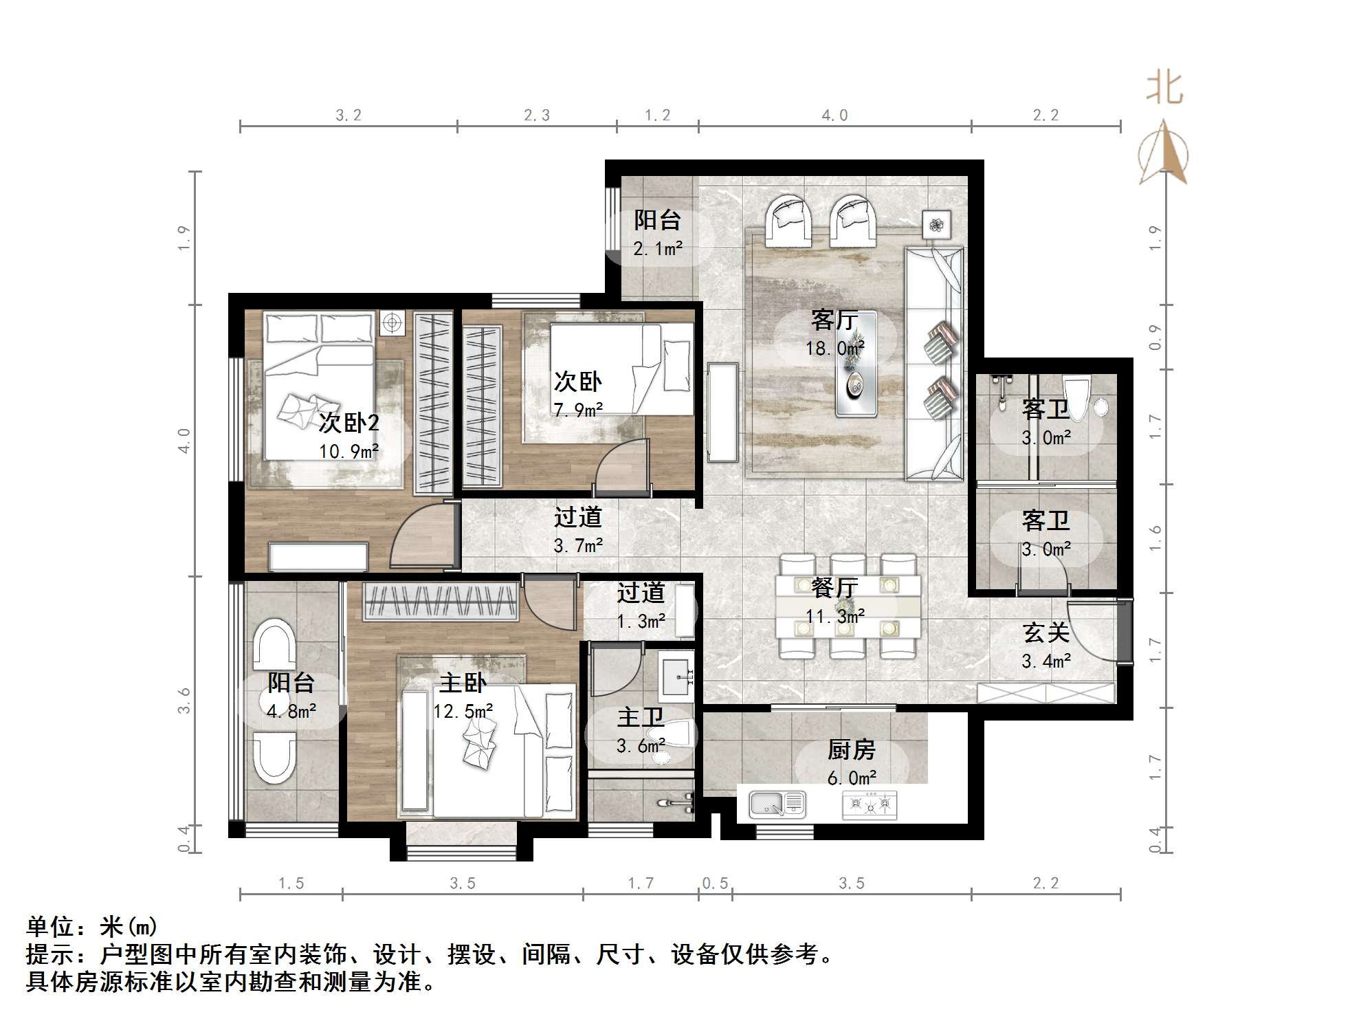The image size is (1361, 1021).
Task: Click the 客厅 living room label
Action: click(x=834, y=320)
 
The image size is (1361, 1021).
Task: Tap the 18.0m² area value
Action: click(x=834, y=349)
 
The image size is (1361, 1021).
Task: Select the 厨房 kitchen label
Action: click(x=852, y=749)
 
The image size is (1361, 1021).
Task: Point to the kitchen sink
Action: click(x=777, y=803)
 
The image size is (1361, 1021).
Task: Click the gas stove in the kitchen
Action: click(x=870, y=804)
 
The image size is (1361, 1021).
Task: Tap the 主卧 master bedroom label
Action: click(x=463, y=683)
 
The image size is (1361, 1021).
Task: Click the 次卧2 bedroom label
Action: click(x=348, y=422)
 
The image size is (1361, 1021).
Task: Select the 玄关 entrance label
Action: click(x=1045, y=633)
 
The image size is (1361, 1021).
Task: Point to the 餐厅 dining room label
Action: click(x=834, y=588)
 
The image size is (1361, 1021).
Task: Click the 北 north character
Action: click(x=1164, y=89)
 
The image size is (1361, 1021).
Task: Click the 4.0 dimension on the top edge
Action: click(x=834, y=116)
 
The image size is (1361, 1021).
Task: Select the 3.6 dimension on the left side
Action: click(x=184, y=701)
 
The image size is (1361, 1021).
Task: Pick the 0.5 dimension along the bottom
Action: click(x=715, y=883)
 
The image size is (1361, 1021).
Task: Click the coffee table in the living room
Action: click(x=856, y=364)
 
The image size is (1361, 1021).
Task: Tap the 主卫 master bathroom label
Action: click(x=640, y=717)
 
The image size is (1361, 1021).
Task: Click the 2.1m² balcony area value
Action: click(x=658, y=249)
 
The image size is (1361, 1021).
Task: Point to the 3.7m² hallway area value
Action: click(x=578, y=546)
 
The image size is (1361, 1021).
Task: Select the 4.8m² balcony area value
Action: click(x=291, y=712)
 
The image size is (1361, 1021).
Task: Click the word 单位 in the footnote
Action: click(x=50, y=927)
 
